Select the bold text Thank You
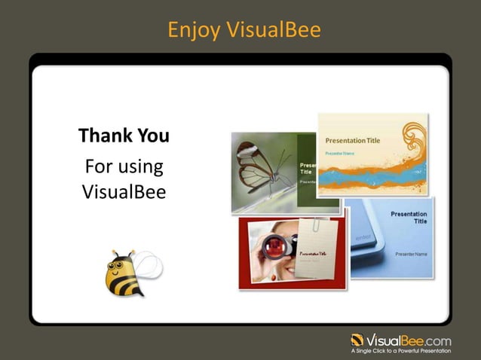(124, 136)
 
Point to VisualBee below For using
(124, 192)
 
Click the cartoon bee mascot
(125, 273)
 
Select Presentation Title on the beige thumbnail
(352, 141)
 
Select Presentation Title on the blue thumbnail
(409, 218)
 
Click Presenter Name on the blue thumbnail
(411, 254)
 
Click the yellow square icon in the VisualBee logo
(357, 339)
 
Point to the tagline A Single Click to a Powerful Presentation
(401, 351)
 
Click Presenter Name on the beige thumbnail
(339, 153)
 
